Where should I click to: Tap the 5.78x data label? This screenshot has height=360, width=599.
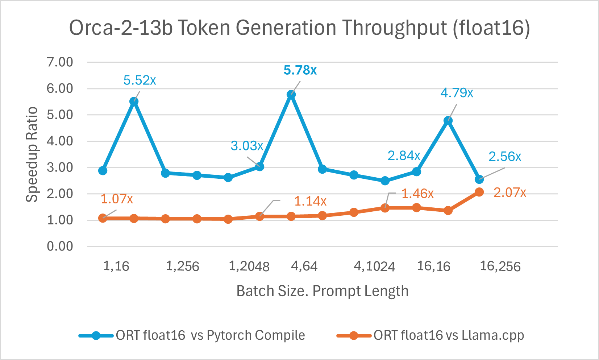pos(300,70)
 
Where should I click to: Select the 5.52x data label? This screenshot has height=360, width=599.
pos(140,80)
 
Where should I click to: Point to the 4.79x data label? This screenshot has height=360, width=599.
pos(457,93)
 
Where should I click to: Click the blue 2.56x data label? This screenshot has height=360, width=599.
pos(504,157)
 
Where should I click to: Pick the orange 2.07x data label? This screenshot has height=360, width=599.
pos(509,193)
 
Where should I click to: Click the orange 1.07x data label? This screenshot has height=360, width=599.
pos(117,199)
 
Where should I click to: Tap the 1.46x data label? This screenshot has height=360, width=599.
pos(417,194)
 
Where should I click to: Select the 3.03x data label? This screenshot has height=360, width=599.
pos(247,146)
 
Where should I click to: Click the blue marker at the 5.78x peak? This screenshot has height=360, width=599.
pos(291,95)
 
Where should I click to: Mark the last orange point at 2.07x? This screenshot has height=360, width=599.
pos(479,192)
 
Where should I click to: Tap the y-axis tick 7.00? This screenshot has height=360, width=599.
pos(60,62)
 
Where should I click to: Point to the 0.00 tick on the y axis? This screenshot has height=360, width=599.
pos(60,247)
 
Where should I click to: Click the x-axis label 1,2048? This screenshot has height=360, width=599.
pos(249,266)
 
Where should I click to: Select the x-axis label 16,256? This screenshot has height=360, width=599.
pos(500,266)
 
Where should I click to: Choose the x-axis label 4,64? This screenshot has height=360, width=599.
pos(304,266)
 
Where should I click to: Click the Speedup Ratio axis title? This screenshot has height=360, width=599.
pos(32,154)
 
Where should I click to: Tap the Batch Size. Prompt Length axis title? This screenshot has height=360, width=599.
pos(322,291)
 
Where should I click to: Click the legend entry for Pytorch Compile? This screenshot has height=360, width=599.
pos(210,335)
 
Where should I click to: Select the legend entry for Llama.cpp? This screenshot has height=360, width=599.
pos(449,335)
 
